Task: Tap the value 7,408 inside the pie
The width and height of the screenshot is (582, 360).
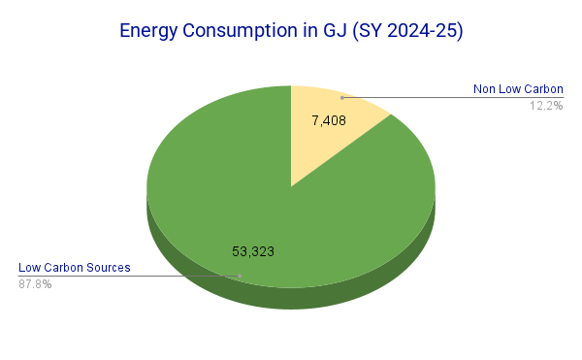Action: tap(329, 122)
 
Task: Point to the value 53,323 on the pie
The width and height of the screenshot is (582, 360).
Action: tap(253, 251)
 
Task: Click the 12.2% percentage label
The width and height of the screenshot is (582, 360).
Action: tap(546, 105)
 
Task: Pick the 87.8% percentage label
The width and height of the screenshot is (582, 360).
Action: tap(35, 284)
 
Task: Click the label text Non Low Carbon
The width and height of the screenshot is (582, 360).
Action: tap(518, 89)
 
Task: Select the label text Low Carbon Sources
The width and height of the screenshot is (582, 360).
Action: tap(75, 268)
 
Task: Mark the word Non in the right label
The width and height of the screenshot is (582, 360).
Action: tap(485, 89)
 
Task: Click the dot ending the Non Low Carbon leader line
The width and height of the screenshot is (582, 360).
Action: tap(341, 97)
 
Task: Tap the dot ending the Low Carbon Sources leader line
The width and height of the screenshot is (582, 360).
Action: tap(241, 276)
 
